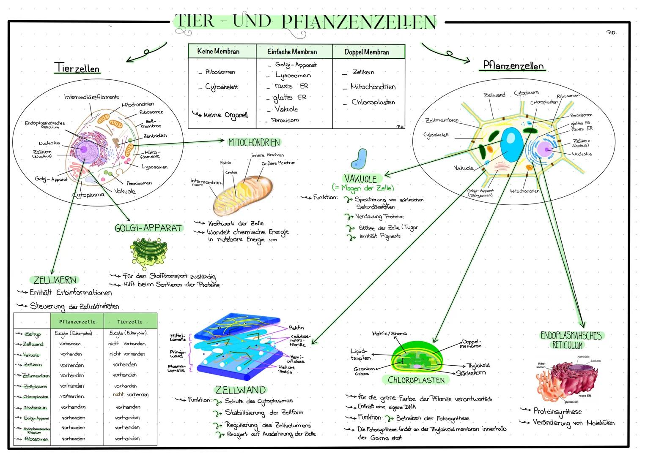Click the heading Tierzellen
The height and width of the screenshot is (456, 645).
tap(77, 68)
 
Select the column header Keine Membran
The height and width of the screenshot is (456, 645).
tap(218, 52)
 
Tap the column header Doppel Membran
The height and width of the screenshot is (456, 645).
tap(367, 52)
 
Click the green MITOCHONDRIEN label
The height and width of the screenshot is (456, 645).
tap(254, 143)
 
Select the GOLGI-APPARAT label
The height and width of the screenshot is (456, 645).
tap(148, 228)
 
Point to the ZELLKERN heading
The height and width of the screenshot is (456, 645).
tap(55, 280)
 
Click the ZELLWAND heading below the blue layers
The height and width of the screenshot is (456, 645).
tap(240, 390)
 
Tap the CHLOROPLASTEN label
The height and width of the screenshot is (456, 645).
tap(416, 380)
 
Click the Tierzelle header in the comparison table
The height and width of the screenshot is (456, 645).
tap(130, 322)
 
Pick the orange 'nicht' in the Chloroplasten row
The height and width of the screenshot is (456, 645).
tap(118, 394)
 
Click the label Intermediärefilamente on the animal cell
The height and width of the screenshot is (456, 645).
tap(91, 97)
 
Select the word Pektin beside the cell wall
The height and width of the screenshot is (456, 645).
tap(296, 328)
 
